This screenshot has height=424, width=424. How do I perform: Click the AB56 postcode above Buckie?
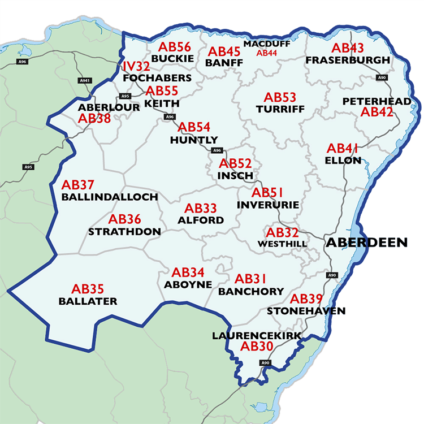point(175,47)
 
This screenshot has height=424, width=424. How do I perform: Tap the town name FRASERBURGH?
point(347,60)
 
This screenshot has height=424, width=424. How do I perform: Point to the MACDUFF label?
point(267,44)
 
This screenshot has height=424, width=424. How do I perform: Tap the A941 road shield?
point(85,81)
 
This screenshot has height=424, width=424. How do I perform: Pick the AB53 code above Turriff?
point(280,98)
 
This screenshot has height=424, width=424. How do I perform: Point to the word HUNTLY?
point(194,140)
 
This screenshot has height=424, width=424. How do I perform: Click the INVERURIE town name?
point(268,204)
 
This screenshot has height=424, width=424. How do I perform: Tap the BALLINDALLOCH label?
point(110,197)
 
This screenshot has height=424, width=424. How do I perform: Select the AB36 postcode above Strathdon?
point(125,219)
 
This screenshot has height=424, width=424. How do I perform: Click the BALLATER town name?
point(88,301)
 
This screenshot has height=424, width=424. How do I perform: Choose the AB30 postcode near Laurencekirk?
point(257,347)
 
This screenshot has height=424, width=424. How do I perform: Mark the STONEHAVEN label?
point(306,311)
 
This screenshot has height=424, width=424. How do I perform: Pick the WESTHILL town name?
point(282,244)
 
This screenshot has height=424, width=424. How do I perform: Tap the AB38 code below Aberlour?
point(94,118)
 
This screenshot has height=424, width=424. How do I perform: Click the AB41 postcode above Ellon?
point(343,149)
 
